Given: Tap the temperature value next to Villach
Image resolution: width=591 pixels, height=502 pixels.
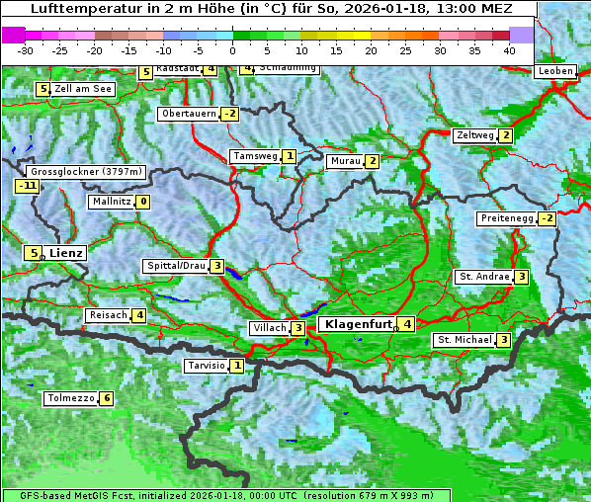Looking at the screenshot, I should [x=298, y=328].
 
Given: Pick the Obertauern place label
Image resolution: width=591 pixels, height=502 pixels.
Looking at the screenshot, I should [x=189, y=114].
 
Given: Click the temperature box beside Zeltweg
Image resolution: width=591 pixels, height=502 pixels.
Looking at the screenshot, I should [x=506, y=135].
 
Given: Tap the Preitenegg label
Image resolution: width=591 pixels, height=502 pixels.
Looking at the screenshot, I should [x=507, y=218].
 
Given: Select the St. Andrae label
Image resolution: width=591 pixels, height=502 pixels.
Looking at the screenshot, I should [x=483, y=277].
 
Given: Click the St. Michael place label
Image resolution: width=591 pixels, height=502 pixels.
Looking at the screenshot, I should [x=464, y=340].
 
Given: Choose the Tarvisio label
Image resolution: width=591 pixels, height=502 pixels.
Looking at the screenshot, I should [x=206, y=366].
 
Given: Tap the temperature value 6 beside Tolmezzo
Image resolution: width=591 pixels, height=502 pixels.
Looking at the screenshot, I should [x=107, y=399].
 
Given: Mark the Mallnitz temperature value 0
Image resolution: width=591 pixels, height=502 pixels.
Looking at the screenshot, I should [x=143, y=202].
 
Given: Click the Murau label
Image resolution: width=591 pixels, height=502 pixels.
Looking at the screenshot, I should [x=345, y=161].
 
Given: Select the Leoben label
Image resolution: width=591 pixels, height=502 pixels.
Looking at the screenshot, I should [x=554, y=71].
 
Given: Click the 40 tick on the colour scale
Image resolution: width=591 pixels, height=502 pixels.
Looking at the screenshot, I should [x=509, y=49].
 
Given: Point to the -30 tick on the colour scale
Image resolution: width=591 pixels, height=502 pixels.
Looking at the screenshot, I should [x=26, y=49].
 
